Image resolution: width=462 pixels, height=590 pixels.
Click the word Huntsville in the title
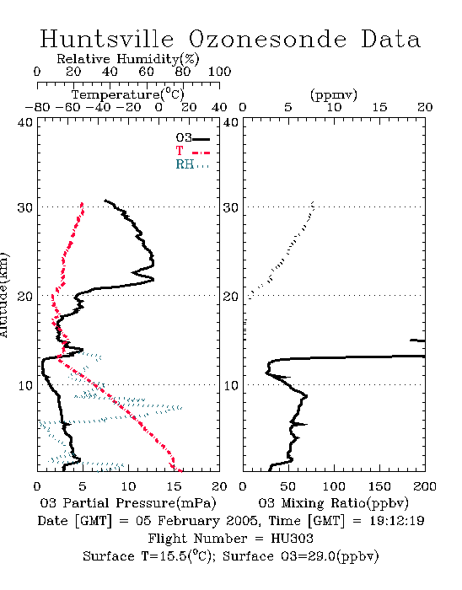(107, 39)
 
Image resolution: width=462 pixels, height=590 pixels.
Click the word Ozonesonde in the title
(267, 40)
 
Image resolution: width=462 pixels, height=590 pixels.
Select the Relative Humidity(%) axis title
(128, 59)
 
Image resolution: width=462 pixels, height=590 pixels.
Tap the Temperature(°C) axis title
(128, 94)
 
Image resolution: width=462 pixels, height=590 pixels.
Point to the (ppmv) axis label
(334, 95)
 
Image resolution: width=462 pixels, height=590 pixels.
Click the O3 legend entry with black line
(192, 138)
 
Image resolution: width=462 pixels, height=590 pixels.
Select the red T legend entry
(192, 151)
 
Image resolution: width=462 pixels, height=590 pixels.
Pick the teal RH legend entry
(192, 164)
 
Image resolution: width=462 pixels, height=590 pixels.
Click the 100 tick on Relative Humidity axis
(219, 72)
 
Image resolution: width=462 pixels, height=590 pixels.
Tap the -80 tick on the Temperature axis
(37, 107)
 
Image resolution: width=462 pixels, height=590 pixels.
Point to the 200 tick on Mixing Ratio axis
(425, 486)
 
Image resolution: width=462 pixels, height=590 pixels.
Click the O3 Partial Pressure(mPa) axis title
(128, 503)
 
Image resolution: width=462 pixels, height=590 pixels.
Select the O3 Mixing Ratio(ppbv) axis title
(333, 503)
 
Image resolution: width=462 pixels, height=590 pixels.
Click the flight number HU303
(292, 539)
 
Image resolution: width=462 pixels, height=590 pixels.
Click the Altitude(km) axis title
(3, 295)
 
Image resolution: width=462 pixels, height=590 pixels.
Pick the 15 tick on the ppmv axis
(379, 107)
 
